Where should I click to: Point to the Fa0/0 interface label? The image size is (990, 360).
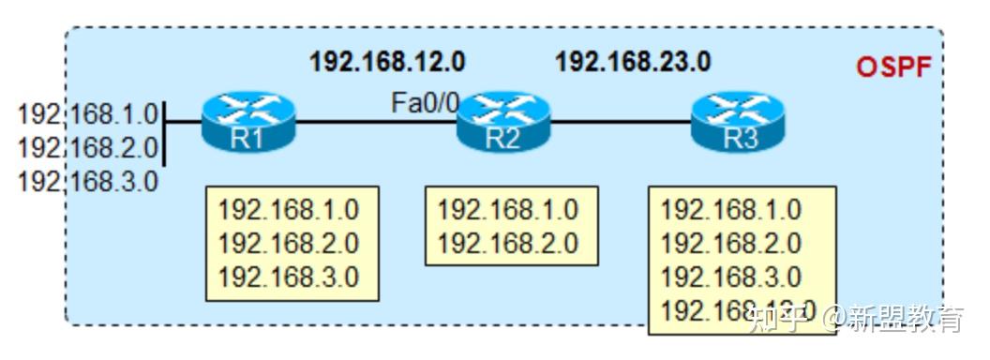pos(425,101)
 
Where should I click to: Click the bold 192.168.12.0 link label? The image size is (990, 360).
pos(387,63)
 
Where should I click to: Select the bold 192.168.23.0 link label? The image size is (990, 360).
pos(633,63)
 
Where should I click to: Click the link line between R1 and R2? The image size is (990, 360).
pos(375,121)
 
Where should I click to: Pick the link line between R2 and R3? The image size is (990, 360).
pos(621,121)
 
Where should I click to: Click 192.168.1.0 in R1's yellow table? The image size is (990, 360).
pos(288,209)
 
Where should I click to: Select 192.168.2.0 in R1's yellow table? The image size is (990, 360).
pos(288,244)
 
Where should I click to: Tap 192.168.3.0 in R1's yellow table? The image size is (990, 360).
pos(288,277)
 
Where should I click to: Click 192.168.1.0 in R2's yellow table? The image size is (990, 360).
pos(507,209)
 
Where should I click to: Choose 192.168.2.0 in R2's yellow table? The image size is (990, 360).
pos(507,244)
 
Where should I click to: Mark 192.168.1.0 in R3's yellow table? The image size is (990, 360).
pos(730,209)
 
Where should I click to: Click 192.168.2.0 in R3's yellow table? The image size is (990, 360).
pos(730,244)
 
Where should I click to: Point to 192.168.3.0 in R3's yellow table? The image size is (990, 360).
pos(730,277)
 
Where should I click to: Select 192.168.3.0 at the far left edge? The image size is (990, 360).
pos(88,180)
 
